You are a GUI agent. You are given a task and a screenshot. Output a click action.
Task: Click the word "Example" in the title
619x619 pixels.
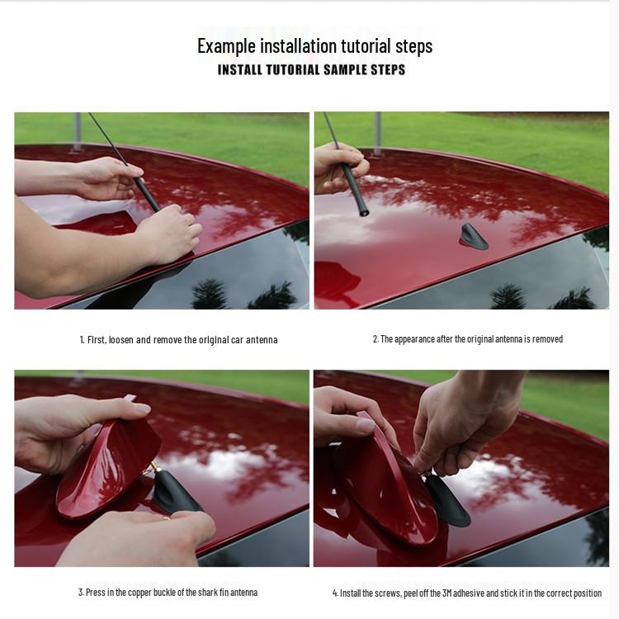tap(227, 46)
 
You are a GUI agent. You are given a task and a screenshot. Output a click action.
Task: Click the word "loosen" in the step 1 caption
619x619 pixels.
tap(121, 340)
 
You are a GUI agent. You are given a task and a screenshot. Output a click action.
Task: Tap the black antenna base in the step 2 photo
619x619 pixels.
tap(473, 237)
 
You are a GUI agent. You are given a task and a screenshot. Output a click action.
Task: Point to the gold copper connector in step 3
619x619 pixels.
tap(152, 469)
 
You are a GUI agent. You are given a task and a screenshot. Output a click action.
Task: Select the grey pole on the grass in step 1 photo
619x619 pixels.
tap(78, 131)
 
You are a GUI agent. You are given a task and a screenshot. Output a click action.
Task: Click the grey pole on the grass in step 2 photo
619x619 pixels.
tap(377, 133)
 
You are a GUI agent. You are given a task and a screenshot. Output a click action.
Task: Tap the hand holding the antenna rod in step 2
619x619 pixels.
tap(339, 168)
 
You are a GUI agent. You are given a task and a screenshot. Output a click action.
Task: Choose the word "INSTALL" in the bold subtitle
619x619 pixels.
tap(239, 70)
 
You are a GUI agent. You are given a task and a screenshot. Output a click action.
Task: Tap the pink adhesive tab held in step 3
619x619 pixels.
tap(130, 399)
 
